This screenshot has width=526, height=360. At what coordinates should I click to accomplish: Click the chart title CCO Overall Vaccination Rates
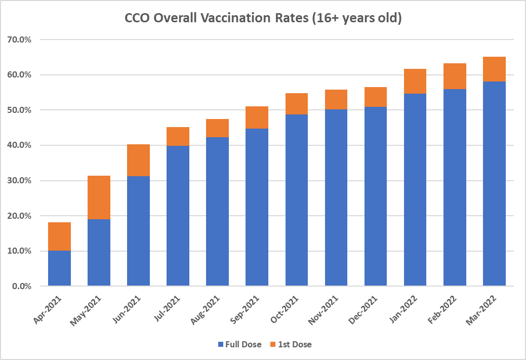point(263,19)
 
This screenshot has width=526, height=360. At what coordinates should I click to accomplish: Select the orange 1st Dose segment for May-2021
point(99,197)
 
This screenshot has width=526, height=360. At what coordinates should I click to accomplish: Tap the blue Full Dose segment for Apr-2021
point(59,268)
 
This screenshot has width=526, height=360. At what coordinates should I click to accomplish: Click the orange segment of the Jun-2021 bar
point(138,160)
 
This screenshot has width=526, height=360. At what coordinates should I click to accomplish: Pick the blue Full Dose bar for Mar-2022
point(494,184)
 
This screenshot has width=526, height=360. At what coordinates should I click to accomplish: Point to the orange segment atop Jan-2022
point(415,81)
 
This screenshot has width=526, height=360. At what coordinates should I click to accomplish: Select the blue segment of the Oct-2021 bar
point(297,200)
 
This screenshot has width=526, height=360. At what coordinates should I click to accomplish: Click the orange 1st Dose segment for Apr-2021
point(59,236)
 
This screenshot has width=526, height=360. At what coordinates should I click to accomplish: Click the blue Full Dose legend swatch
point(220,345)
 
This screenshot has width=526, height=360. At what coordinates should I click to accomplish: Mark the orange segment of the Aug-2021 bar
point(217,128)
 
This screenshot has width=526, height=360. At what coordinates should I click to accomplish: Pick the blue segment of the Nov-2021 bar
point(336,197)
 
